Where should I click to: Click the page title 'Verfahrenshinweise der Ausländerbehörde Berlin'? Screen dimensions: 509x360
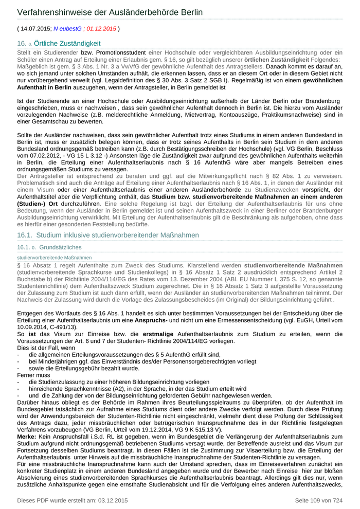tap(110, 12)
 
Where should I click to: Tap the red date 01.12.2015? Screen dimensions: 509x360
tap(101, 29)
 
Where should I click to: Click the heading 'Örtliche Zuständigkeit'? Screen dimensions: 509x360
tap(67, 44)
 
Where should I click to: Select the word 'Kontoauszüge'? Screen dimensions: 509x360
tap(235, 115)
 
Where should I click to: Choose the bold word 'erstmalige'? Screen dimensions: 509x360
tap(148, 334)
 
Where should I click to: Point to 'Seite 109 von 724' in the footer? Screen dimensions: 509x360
tap(318, 500)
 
